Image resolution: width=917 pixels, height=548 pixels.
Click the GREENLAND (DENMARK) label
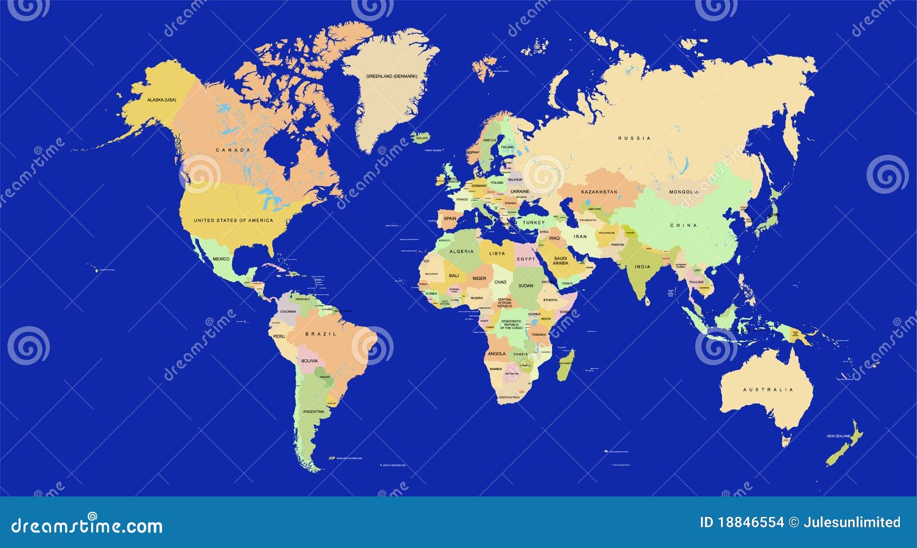pos(392,76)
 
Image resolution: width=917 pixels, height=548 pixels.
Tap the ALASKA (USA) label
pos(162,100)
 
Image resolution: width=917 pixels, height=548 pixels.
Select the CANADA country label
pos(233,150)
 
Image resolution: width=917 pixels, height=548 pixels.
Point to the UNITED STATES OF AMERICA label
pos(233,220)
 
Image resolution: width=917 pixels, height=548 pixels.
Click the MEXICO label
pos(221,259)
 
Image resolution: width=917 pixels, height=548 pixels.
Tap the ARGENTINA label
pos(313,412)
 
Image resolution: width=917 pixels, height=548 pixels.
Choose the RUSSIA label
pos(634,138)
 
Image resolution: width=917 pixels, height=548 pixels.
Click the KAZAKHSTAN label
pos(599,191)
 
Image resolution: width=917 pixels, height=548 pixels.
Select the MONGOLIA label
pos(684,192)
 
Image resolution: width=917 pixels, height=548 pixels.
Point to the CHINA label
pos(684,225)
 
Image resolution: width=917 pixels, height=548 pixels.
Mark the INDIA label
pos(642,267)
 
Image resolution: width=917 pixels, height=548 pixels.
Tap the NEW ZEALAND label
pos(837,437)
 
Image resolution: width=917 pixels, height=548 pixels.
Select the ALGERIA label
pos(461,251)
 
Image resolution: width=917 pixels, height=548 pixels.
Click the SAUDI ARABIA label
pos(561,261)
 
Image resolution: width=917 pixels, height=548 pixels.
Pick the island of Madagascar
pos(565,365)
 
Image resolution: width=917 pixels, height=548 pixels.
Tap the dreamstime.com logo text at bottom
pos(87,525)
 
